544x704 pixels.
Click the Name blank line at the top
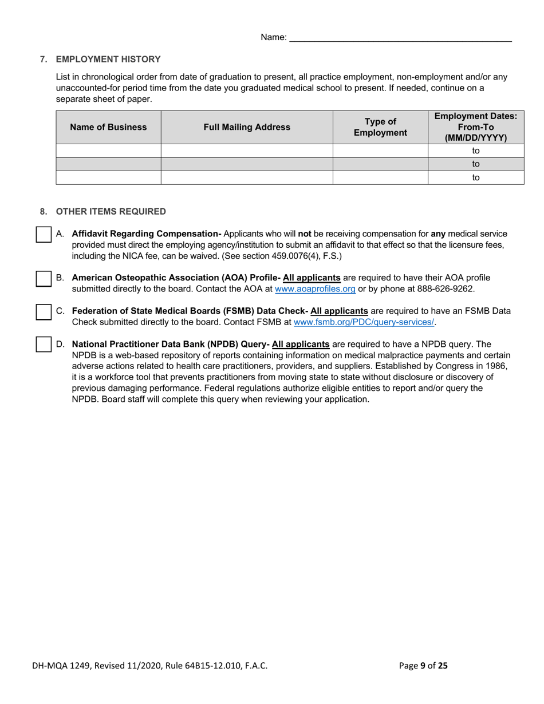point(400,38)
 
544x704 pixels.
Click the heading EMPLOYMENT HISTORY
point(108,60)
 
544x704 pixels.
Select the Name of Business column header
point(108,128)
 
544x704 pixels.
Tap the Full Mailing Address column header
point(247,128)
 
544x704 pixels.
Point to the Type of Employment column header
point(380,128)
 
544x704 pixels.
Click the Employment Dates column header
point(475,127)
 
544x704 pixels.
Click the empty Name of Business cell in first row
point(108,151)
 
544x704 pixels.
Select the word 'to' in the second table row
point(475,164)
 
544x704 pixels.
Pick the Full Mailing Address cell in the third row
point(247,178)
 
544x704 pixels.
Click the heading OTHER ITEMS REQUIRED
point(111,212)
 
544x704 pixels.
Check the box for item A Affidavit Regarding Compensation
point(44,235)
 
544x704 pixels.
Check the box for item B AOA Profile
point(44,279)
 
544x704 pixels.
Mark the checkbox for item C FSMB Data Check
point(44,312)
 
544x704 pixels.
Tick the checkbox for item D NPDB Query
point(44,345)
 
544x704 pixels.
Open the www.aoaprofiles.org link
point(315,289)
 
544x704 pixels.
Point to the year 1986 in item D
point(497,366)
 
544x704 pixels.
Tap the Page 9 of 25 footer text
point(423,666)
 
